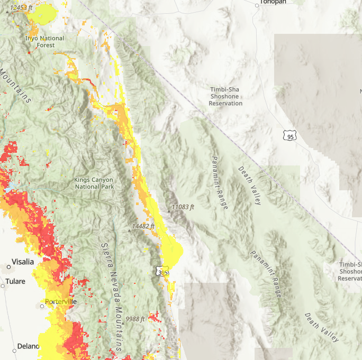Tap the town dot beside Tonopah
(257, 5)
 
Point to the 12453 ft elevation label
(24, 8)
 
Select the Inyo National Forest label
(45, 42)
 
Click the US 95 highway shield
(289, 136)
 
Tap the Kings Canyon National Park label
(94, 183)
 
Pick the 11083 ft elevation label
(183, 207)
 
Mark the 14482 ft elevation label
(143, 226)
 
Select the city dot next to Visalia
(8, 267)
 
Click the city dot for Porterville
(42, 306)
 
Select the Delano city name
(28, 346)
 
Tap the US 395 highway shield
(163, 272)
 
